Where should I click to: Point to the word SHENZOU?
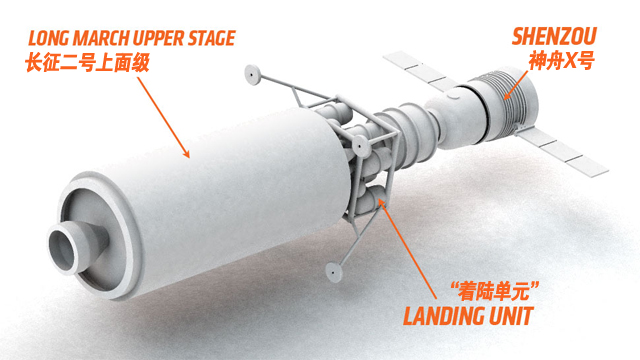click(554, 36)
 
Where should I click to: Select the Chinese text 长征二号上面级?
click(87, 63)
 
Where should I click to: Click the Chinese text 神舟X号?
click(562, 60)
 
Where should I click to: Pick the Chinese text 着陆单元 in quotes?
click(495, 291)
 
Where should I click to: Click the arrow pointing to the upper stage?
click(163, 117)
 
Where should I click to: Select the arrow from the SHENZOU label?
click(516, 85)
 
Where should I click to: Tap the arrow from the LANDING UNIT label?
click(408, 248)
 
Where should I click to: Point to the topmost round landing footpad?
click(253, 75)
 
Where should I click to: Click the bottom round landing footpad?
click(334, 271)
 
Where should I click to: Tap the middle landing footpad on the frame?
click(361, 146)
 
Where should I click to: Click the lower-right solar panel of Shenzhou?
click(562, 151)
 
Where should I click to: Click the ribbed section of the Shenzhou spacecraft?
click(503, 102)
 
